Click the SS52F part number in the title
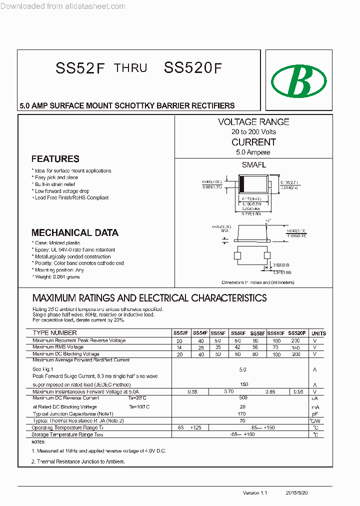(80, 69)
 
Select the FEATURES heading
(55, 159)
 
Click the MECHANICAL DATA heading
(74, 232)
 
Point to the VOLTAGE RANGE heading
(253, 122)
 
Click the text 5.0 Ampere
(253, 152)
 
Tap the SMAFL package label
(253, 165)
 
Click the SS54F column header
(200, 333)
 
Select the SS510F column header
(275, 333)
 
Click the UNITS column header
(318, 333)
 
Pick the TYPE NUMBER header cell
(55, 333)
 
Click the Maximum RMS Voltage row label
(58, 347)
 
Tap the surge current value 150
(243, 384)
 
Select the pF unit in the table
(315, 414)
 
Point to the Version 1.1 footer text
(255, 493)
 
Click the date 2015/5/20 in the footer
(297, 493)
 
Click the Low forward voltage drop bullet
(62, 191)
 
